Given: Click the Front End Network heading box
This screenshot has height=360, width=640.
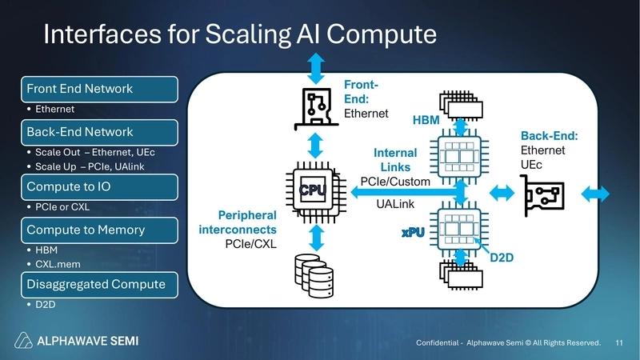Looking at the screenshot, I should click(97, 88).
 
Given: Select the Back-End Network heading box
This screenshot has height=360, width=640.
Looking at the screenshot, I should click(97, 131).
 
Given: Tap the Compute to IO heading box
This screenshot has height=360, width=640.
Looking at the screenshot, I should click(97, 187).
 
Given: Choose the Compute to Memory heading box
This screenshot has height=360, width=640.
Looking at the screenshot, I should click(97, 230).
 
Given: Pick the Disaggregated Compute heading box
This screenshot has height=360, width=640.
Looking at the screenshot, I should click(97, 284).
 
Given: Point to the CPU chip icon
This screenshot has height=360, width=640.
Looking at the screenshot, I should click(315, 190).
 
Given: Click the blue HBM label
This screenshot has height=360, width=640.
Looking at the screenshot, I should click(426, 120).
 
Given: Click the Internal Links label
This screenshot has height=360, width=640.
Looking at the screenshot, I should click(396, 160).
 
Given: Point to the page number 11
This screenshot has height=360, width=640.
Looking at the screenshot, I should click(619, 342).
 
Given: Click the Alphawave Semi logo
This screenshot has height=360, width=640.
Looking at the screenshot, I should click(79, 342).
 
